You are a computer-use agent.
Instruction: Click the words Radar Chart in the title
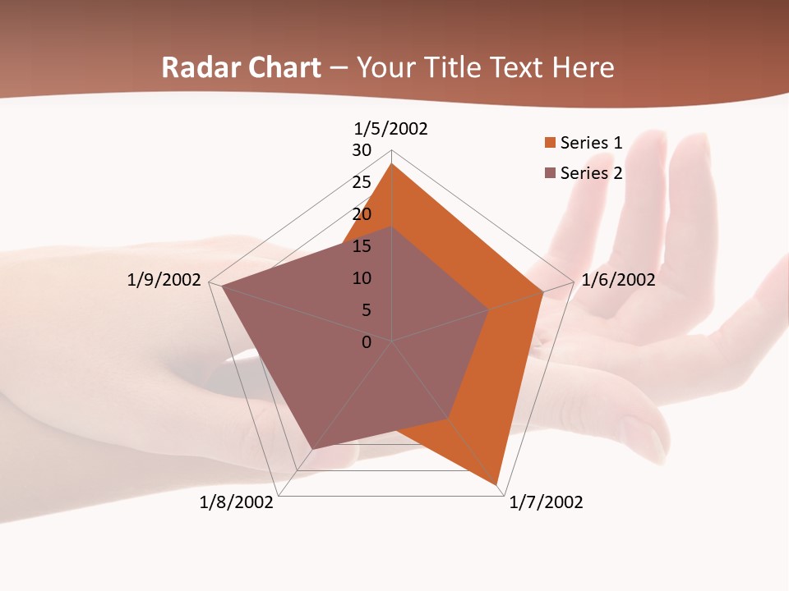point(241,67)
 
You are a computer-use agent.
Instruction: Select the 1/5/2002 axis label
point(390,129)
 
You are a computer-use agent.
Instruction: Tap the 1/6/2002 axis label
point(618,280)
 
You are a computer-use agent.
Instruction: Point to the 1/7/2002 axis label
point(546,502)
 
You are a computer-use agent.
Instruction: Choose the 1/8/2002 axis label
point(236,502)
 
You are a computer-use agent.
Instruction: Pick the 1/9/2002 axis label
point(164,280)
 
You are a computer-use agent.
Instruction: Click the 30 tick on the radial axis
point(362,150)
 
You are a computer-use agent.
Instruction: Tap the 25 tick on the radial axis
point(362,182)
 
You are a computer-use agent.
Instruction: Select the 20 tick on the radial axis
point(362,214)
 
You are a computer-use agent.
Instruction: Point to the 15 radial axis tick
point(362,246)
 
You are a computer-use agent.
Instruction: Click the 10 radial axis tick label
point(362,278)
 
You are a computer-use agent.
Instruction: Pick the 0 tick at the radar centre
point(367,342)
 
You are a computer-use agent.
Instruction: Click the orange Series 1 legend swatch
point(550,143)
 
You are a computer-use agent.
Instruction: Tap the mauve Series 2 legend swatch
point(550,173)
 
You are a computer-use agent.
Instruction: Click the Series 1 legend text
point(591,143)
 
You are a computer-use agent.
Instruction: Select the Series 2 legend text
point(591,173)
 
